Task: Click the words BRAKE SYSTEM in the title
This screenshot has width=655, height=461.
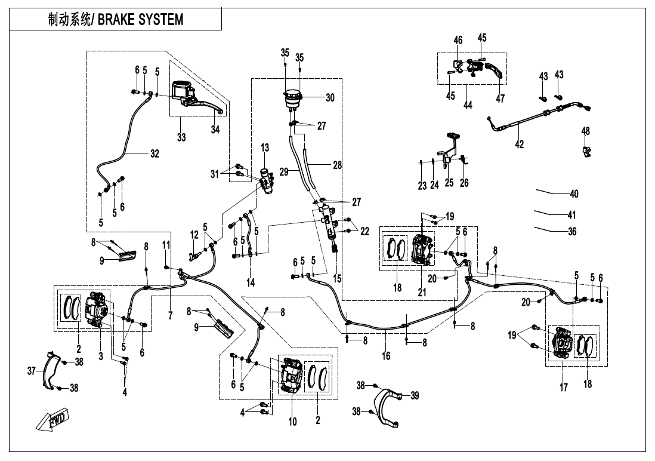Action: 140,20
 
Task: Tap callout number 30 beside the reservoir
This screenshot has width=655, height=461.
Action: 330,97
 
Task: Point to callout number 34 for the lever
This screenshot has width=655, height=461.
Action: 215,130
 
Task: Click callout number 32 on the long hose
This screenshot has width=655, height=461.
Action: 155,153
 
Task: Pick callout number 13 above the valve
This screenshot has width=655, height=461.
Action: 265,147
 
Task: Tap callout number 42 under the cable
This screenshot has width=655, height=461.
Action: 520,144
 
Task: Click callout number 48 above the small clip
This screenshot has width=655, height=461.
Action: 585,130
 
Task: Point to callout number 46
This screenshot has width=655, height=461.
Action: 458,40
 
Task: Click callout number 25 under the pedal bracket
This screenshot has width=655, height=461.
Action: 449,183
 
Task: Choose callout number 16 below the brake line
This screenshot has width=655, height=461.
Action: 386,356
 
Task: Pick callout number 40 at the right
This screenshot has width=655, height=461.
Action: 574,194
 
